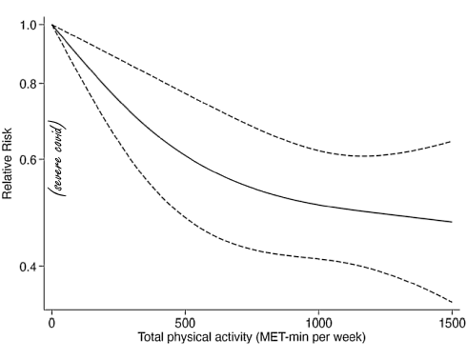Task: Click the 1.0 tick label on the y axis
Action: coord(30,25)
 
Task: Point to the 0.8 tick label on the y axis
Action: coord(30,84)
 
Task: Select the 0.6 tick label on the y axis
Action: coord(30,159)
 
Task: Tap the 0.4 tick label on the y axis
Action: coord(30,266)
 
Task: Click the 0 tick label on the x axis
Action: coord(51,321)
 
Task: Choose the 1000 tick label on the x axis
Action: coord(317,321)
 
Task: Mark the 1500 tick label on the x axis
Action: coord(450,321)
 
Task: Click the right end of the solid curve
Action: coord(451,222)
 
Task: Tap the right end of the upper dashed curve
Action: coord(451,141)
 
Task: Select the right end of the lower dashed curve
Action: coord(451,300)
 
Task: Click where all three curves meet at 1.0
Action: coord(51,25)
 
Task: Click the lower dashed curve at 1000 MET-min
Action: coord(317,255)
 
